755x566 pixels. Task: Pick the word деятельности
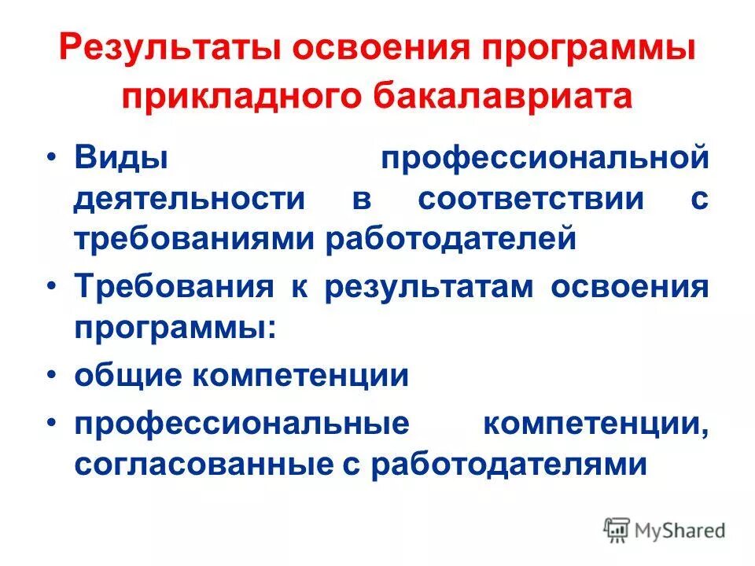click(189, 198)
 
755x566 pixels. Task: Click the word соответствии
click(531, 198)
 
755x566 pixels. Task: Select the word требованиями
click(193, 239)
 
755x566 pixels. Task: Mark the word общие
click(126, 375)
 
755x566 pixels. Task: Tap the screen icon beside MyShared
click(617, 531)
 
